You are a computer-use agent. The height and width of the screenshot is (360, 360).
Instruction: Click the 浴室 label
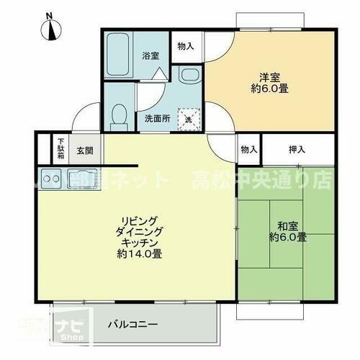pyautogui.click(x=150, y=55)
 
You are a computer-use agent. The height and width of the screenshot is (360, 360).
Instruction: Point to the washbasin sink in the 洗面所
pyautogui.click(x=188, y=77)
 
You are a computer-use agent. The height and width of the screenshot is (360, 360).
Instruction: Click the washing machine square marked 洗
pyautogui.click(x=189, y=118)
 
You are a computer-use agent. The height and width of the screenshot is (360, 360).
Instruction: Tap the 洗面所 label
pyautogui.click(x=157, y=119)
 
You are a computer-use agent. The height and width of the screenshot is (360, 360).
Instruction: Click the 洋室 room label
pyautogui.click(x=269, y=78)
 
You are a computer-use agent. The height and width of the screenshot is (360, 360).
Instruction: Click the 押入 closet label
pyautogui.click(x=297, y=150)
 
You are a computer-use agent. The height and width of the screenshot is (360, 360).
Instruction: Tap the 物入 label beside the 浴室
pyautogui.click(x=186, y=46)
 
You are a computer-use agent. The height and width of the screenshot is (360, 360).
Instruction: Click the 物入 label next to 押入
pyautogui.click(x=249, y=150)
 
